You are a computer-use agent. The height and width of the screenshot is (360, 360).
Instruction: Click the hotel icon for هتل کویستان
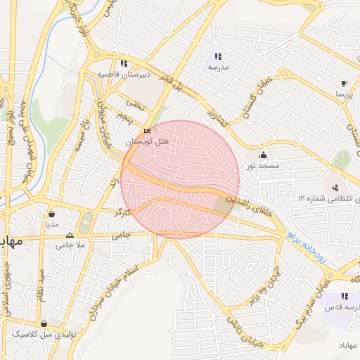pyautogui.click(x=147, y=131)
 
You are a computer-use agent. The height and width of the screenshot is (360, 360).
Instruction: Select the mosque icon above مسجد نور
pyautogui.click(x=264, y=155)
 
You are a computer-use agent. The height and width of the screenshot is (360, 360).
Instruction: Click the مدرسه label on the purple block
pyautogui.click(x=218, y=67)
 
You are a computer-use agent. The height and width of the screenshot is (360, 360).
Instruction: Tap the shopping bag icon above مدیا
pyautogui.click(x=51, y=214)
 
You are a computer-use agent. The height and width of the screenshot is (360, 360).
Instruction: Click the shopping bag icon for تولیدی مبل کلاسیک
pyautogui.click(x=44, y=324)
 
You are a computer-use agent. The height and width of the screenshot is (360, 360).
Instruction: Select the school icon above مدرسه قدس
pyautogui.click(x=345, y=297)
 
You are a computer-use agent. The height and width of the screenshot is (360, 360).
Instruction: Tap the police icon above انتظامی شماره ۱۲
pyautogui.click(x=335, y=187)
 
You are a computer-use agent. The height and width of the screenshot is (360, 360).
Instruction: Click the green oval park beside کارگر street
pyautogui.click(x=85, y=223)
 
